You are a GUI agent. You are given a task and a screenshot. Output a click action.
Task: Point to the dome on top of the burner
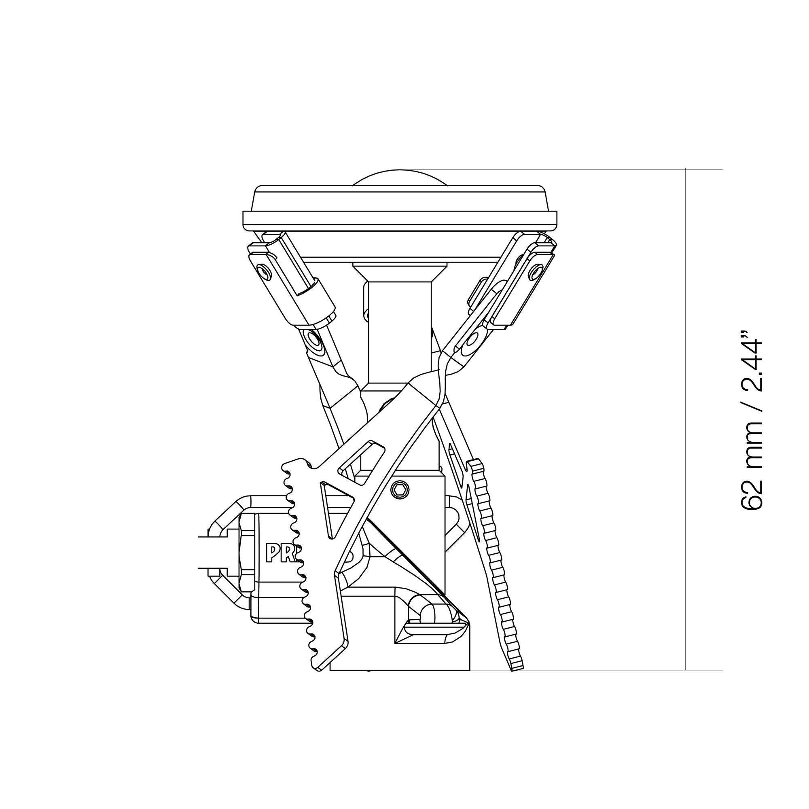click(x=400, y=179)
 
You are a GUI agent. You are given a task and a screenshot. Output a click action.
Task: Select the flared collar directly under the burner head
click(x=400, y=272)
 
